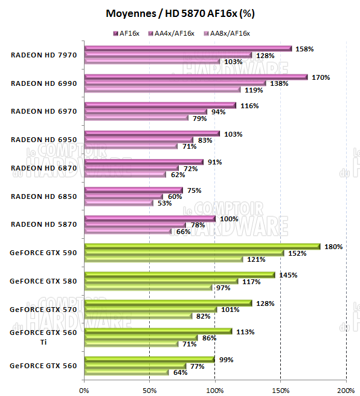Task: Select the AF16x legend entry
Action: coord(130,33)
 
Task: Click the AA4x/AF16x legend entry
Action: coord(173,33)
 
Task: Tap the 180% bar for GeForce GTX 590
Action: coord(202,246)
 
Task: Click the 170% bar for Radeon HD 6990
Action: coord(196,77)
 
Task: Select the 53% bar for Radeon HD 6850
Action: coord(119,203)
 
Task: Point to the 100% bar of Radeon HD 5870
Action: coord(150,218)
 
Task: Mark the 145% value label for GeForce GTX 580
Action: coord(288,275)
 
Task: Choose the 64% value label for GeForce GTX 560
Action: coord(179,372)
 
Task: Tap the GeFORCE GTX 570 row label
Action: coord(43,309)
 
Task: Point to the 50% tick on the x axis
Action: coord(149,390)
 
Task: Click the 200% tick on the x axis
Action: coord(346,390)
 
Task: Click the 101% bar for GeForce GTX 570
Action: coord(150,310)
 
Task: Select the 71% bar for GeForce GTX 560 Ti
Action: coord(131,344)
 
